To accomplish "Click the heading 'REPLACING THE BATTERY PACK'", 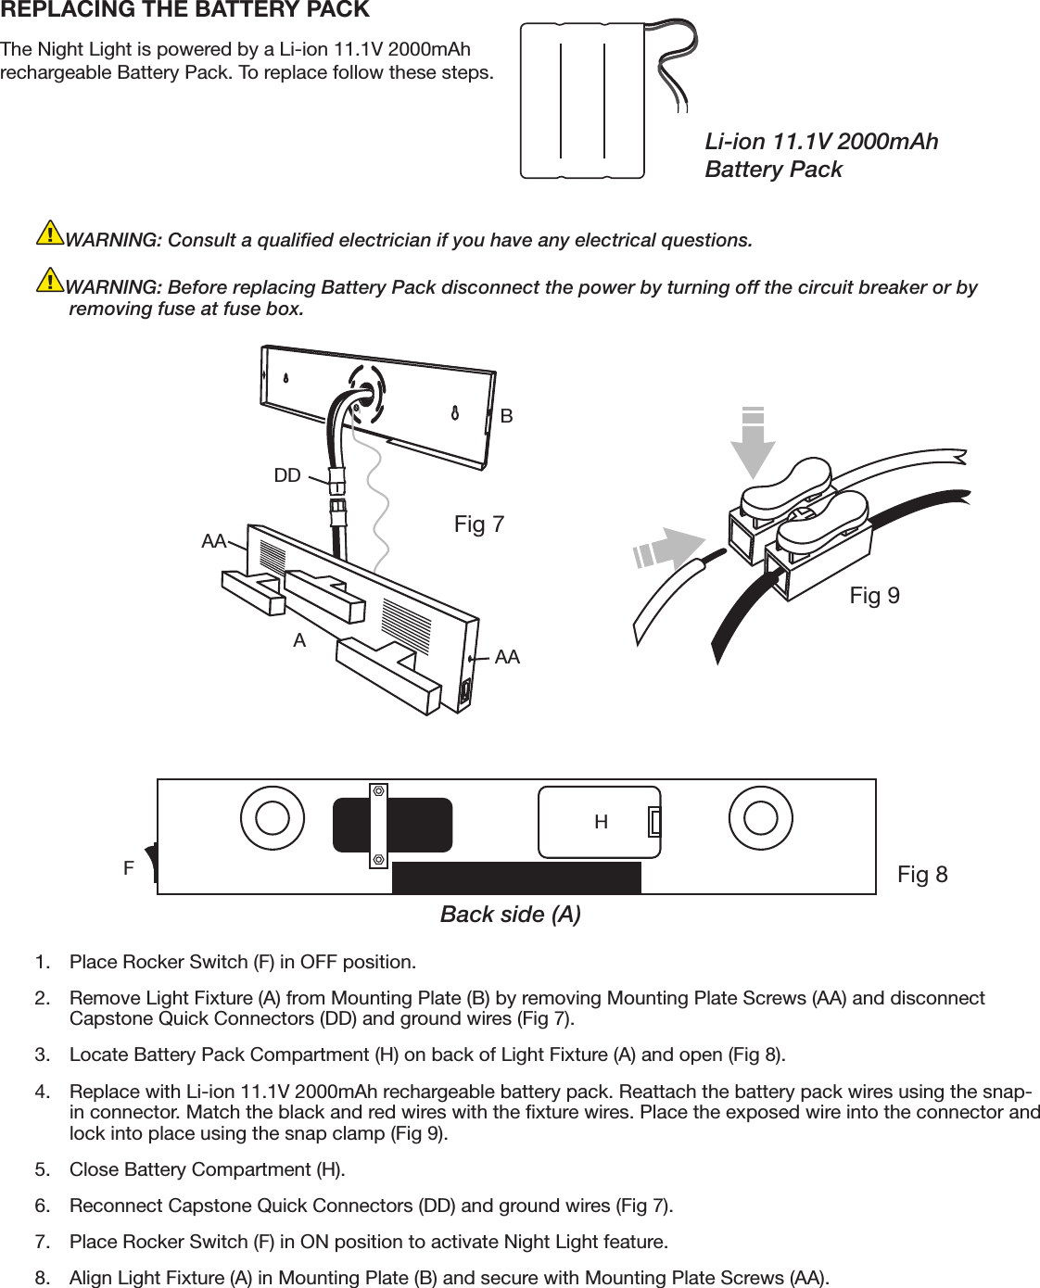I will [x=184, y=10].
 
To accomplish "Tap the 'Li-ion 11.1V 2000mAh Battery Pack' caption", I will [x=820, y=156].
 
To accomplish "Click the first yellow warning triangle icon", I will [x=49, y=233].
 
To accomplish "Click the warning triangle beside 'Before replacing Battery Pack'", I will [x=49, y=279].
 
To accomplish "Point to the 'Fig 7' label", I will [x=479, y=524].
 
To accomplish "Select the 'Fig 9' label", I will [x=874, y=596].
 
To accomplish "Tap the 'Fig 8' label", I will [x=922, y=875].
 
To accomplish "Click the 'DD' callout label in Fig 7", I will [x=287, y=475].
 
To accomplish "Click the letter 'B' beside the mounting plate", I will [x=506, y=417].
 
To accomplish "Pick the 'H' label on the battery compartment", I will [x=601, y=822].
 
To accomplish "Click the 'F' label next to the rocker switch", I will [x=129, y=868].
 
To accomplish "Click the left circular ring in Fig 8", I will [x=272, y=818].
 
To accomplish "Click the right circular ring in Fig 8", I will [x=760, y=818].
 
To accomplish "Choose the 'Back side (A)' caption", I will [x=510, y=915].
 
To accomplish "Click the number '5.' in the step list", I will [x=43, y=1169].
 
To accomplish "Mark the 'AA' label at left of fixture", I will [x=213, y=541].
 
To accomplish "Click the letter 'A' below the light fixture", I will [x=299, y=640].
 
